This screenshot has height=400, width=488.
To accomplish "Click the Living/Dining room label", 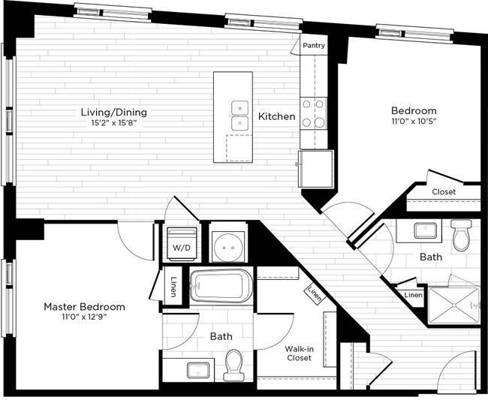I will pos(113,113).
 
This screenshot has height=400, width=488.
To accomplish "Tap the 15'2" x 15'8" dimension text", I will pos(113,123).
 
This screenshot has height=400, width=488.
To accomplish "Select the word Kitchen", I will pos(276,116).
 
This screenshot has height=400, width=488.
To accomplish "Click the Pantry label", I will pos(314,46).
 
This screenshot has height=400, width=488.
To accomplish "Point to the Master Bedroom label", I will pos(84,307).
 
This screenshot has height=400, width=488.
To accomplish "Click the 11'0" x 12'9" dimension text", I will pos(84,317).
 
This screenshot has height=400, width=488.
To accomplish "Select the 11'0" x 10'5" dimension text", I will pos(414,121).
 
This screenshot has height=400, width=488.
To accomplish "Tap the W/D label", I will pos(181,247).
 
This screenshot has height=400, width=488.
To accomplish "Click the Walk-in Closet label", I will pos(299,353).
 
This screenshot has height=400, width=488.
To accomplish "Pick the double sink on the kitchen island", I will pos(240,116).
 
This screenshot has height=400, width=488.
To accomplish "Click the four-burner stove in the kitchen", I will pos(314,113).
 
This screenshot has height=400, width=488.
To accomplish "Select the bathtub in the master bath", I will pos(221,286).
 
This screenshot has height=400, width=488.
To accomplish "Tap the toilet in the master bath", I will pos(234,364).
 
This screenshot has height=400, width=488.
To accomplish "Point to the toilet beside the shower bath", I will pos(461,234).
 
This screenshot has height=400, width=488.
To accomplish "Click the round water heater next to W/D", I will pos(229,244).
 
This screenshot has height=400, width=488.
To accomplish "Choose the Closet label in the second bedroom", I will pos(444,192).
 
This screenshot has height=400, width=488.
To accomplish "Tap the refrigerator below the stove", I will pos(315,168).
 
